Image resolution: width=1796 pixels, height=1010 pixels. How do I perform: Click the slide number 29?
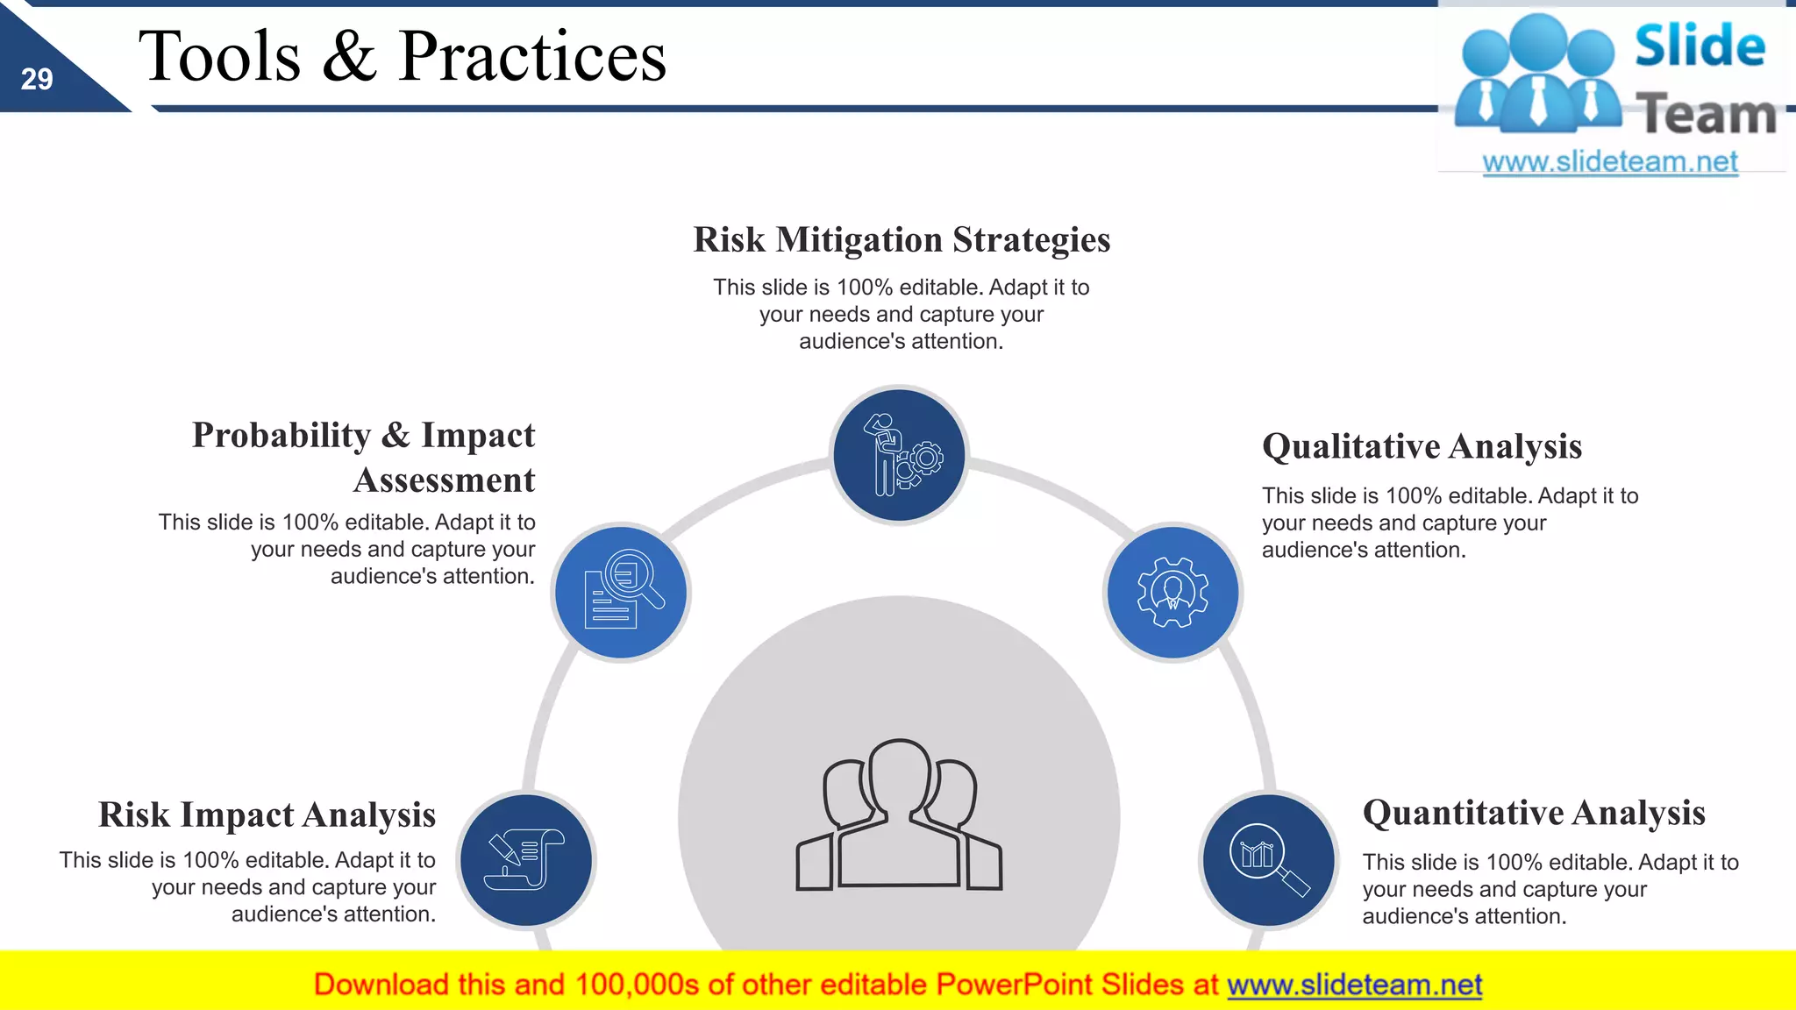37,80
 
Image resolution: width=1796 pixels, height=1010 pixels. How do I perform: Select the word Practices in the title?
532,57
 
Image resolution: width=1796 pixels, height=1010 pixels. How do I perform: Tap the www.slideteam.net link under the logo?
1610,162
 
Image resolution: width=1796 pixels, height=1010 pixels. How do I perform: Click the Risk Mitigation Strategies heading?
902,240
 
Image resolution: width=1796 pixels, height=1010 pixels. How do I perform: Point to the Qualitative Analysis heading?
1422,446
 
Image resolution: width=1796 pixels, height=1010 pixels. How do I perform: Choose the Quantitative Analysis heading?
1534,813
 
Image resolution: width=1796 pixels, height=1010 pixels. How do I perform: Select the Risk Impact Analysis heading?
267,814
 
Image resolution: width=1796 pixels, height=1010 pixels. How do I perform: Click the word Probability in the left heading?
282,436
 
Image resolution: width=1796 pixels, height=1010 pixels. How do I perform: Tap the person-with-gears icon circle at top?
899,456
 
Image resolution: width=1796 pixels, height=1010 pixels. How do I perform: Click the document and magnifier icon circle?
622,593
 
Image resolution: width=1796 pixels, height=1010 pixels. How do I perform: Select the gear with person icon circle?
1172,593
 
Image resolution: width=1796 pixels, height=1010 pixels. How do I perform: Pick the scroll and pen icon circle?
526,860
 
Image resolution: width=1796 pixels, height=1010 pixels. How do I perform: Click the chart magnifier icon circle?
1268,860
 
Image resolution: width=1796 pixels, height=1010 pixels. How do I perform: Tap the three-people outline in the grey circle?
899,815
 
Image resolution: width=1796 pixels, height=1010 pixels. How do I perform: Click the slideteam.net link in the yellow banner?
1354,985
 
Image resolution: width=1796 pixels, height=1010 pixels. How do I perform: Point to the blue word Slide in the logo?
1700,46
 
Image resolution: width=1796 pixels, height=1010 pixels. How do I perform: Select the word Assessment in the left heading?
444,480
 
